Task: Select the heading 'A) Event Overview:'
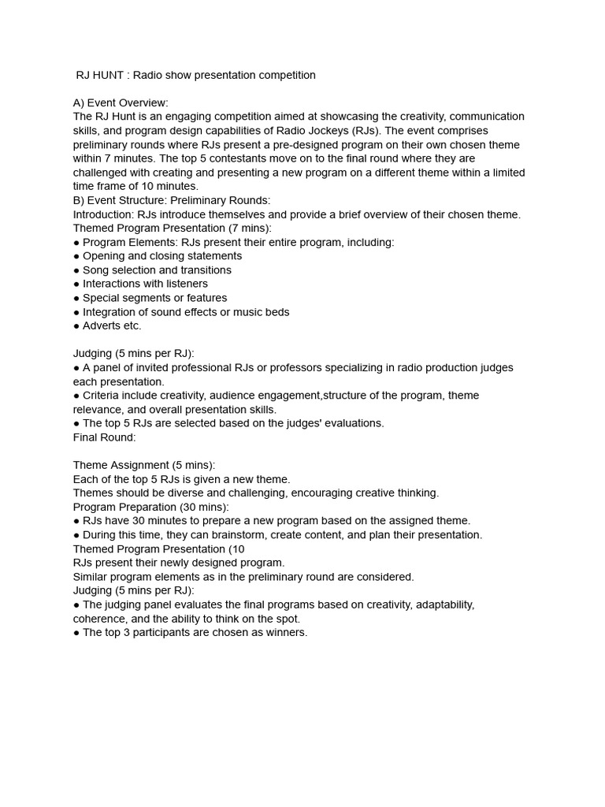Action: (121, 102)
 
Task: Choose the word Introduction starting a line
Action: (102, 214)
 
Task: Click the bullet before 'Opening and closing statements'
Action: (76, 256)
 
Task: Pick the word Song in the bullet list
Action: (95, 270)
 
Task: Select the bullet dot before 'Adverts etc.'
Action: (76, 326)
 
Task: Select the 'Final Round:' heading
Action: (104, 437)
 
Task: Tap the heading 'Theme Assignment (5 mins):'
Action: (143, 465)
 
